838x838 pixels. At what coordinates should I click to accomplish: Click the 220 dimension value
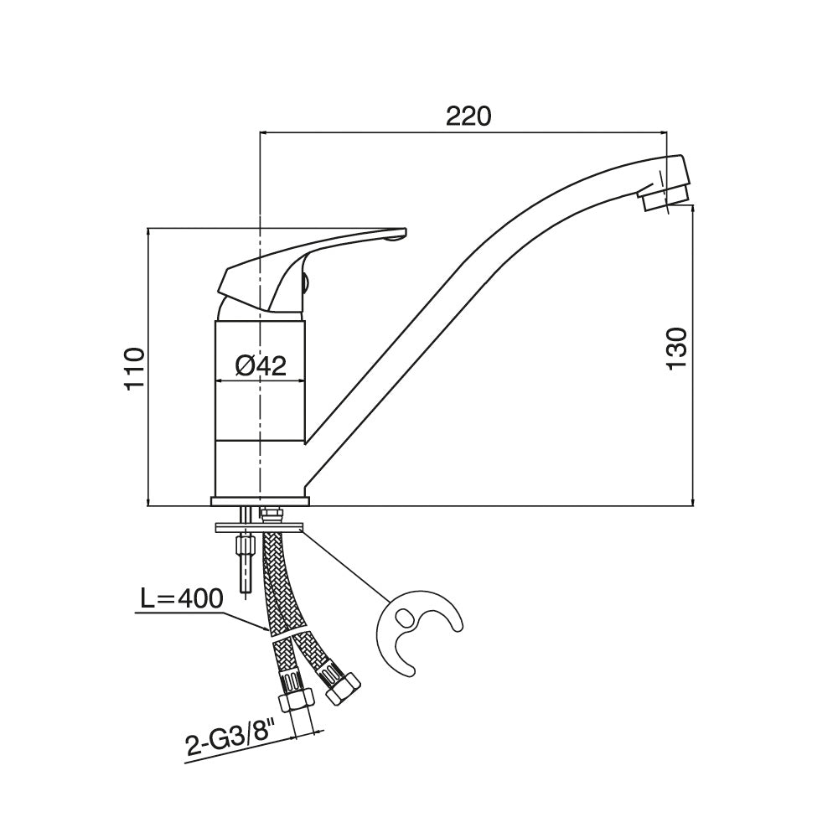pos(468,116)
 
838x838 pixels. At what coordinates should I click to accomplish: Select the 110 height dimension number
pos(134,369)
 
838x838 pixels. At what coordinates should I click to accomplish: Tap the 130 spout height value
pos(676,348)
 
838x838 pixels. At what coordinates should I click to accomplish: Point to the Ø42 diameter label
pos(261,366)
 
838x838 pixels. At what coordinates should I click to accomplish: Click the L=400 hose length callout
pos(181,599)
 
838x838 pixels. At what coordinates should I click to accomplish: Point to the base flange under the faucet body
pos(261,501)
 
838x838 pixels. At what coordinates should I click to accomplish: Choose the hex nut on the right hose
pos(343,690)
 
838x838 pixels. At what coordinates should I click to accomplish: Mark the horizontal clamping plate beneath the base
pos(259,528)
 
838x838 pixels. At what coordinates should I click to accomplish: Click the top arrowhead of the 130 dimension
pos(693,209)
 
